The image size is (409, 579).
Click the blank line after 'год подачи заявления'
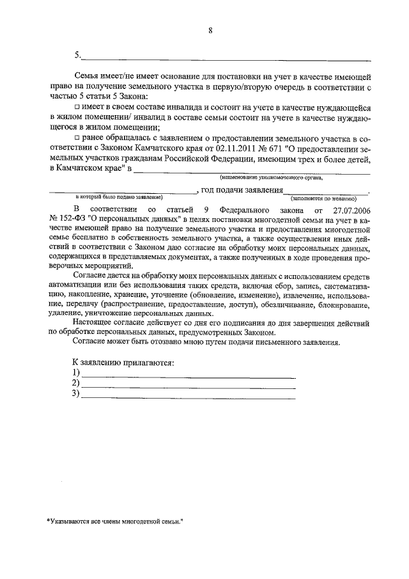(x=326, y=191)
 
